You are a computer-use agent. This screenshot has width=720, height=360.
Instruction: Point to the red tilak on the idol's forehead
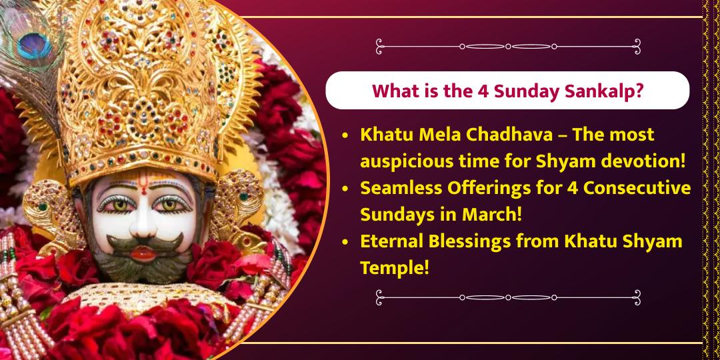(x=143, y=189)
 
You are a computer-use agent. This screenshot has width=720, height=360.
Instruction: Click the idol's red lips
(x=142, y=252)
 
